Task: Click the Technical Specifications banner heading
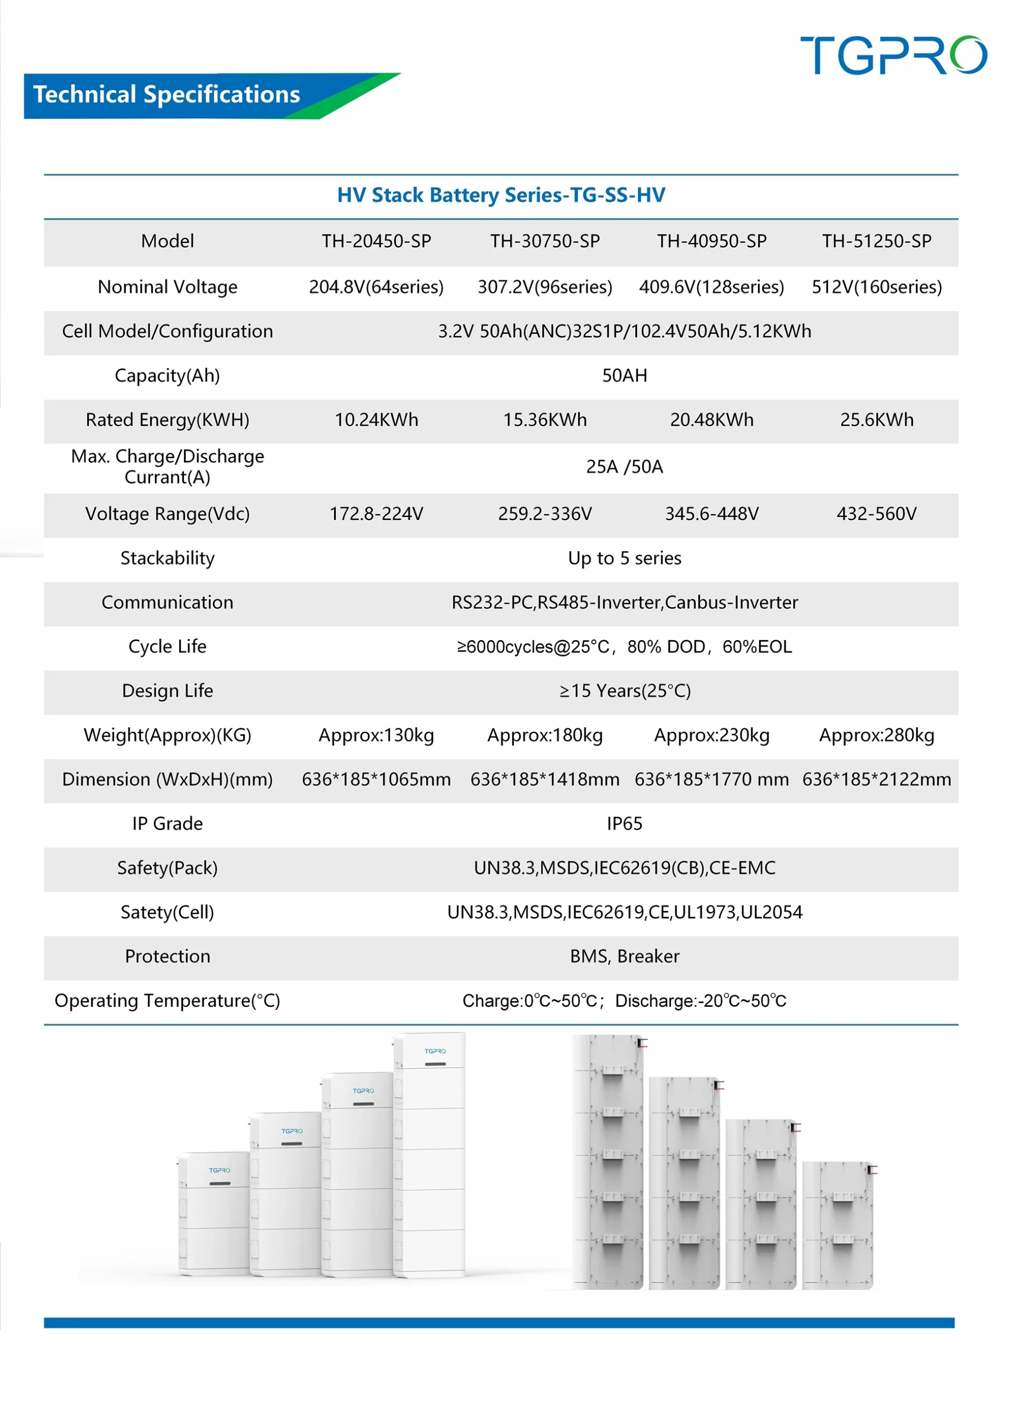[167, 95]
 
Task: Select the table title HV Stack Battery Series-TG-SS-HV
[501, 195]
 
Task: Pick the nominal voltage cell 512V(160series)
[877, 287]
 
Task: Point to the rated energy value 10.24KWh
[376, 420]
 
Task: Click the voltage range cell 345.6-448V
[711, 514]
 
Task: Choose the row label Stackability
[168, 558]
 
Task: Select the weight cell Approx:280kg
[877, 735]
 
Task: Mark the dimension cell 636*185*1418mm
[544, 779]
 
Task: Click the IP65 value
[624, 824]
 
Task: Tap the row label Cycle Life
[168, 646]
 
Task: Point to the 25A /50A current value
[624, 466]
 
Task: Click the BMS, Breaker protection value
[624, 956]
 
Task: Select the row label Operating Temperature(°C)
[168, 1001]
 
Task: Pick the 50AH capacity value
[624, 375]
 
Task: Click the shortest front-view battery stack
[214, 1213]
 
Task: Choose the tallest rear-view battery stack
[608, 1164]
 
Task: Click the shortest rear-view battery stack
[837, 1225]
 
